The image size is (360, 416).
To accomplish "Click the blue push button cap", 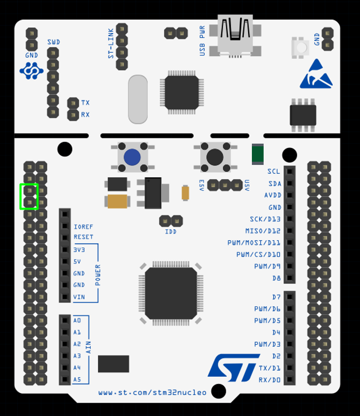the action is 132,157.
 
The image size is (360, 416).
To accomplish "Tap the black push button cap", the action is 215,157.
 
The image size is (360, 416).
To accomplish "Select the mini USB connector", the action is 235,35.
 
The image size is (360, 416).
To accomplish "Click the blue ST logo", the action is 234,368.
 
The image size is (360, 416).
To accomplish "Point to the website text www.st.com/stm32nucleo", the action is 152,393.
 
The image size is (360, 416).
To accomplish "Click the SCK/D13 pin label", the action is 265,219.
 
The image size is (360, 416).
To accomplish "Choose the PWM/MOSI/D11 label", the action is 254,243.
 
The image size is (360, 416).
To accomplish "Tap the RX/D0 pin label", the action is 269,380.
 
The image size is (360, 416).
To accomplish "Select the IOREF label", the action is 84,227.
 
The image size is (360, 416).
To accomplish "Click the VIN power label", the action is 79,297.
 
